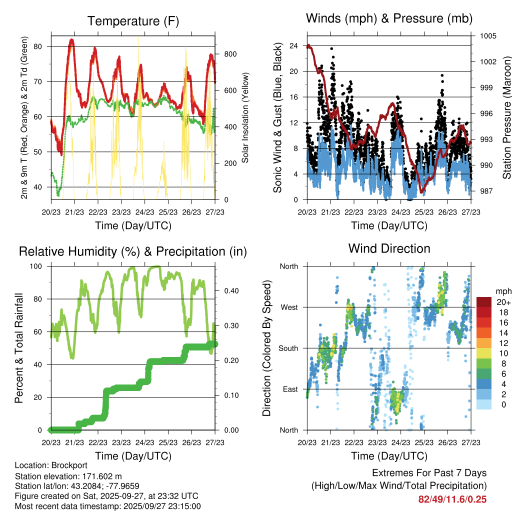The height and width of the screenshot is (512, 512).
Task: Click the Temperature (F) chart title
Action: click(x=133, y=21)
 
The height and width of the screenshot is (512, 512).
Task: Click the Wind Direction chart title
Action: click(x=389, y=248)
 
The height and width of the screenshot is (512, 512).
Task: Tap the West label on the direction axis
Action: click(x=289, y=307)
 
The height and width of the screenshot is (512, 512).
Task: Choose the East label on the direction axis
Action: click(x=290, y=389)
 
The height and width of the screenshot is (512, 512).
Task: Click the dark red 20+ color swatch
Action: click(x=484, y=302)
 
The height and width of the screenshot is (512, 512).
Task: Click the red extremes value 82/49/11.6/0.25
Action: click(x=452, y=499)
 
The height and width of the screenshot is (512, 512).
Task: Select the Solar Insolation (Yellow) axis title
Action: click(x=245, y=118)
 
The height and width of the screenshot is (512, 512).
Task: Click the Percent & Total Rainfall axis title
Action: click(x=18, y=348)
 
